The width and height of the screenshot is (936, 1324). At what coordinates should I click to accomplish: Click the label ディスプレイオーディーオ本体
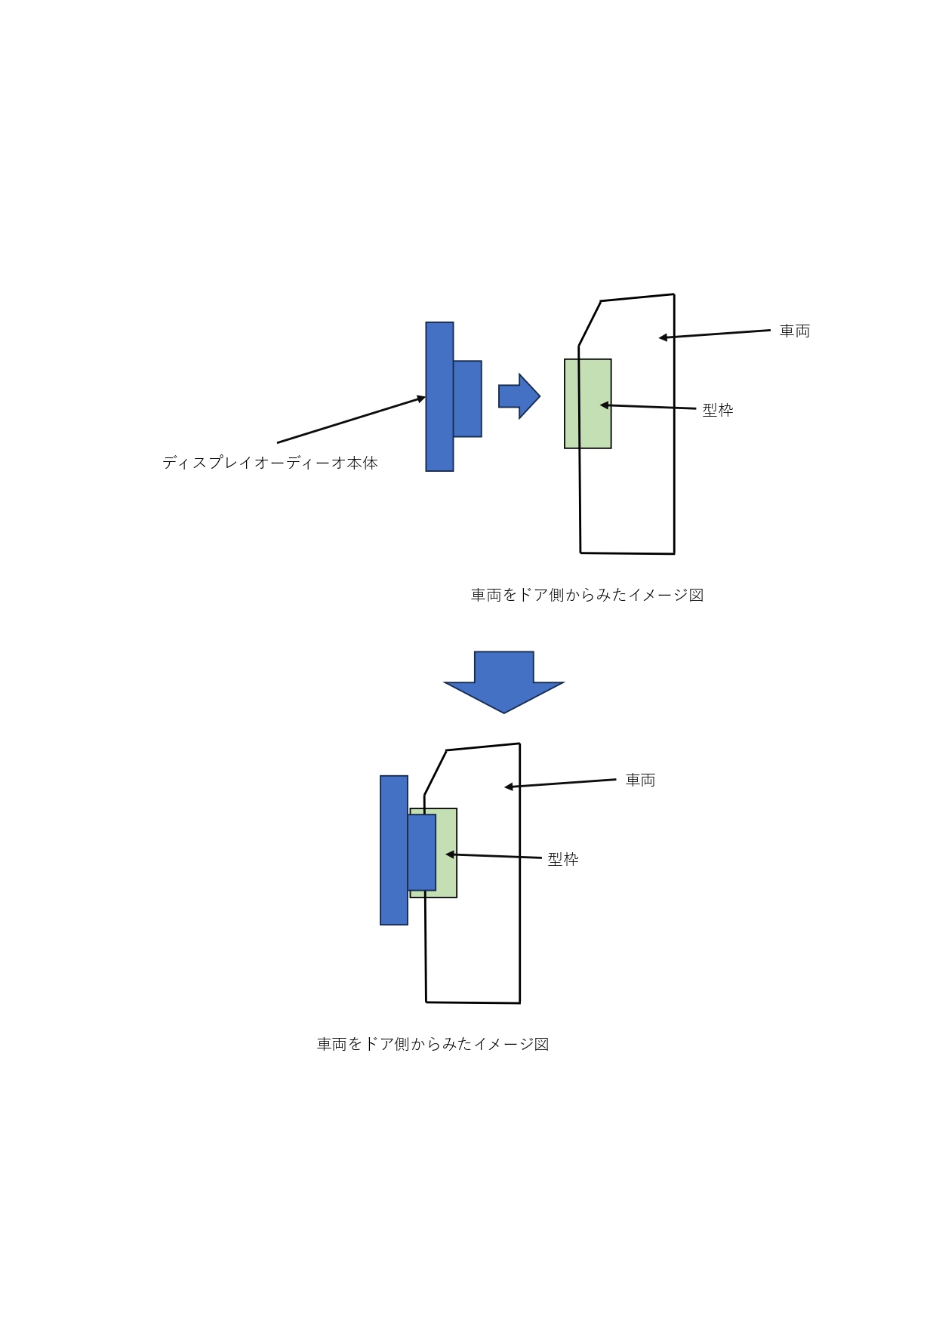click(270, 463)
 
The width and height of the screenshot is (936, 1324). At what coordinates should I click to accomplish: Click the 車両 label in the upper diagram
click(795, 331)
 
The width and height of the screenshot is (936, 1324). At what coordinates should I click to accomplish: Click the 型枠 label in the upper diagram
click(718, 410)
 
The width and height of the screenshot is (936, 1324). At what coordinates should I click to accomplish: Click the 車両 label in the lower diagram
click(640, 780)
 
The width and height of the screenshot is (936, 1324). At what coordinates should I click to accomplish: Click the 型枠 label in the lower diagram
click(563, 859)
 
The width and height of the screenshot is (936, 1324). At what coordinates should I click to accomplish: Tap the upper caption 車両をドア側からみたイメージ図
click(587, 595)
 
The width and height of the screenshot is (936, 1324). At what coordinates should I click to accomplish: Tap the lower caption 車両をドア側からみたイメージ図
click(433, 1044)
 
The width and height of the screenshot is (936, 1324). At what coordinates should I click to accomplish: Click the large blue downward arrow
click(504, 682)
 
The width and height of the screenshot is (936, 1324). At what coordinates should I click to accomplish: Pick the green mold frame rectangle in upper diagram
click(588, 404)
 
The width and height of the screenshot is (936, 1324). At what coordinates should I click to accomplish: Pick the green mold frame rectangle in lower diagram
click(447, 853)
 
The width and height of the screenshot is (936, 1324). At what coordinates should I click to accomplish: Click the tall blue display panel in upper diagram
click(439, 397)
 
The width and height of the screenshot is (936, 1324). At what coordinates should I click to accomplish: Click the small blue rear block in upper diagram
click(467, 399)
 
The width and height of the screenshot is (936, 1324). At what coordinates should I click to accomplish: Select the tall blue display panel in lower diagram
click(394, 850)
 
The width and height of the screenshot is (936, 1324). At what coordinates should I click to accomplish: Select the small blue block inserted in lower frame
click(422, 852)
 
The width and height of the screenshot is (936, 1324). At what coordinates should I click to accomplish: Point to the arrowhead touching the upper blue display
click(422, 398)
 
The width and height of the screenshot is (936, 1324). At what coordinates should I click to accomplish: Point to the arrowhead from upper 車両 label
click(663, 337)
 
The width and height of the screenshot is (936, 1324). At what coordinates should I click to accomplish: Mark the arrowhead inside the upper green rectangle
click(604, 405)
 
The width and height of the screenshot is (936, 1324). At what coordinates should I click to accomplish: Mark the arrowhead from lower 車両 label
click(509, 787)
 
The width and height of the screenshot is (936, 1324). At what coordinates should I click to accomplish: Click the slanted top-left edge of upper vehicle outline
click(590, 323)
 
